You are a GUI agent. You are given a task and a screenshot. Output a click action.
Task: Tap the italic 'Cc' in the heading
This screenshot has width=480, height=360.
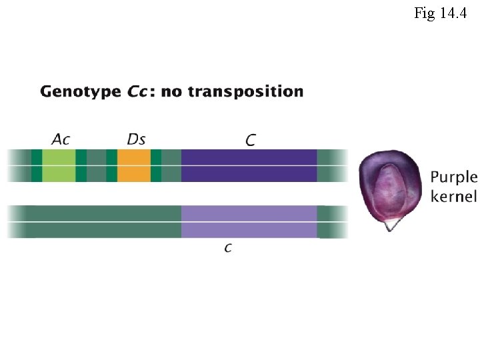point(140,91)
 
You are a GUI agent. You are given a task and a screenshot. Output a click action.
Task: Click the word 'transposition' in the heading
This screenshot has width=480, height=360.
point(245,91)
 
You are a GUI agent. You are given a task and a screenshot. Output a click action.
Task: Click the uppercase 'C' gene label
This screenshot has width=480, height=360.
point(251,140)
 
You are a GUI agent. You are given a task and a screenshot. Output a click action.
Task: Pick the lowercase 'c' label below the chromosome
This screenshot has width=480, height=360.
point(228,248)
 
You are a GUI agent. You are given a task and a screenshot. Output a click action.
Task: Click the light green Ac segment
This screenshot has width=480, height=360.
point(59,165)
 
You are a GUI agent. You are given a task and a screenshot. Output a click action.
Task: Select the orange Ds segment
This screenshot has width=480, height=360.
point(134,165)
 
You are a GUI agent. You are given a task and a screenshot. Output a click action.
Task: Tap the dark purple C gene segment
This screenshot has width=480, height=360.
point(249,165)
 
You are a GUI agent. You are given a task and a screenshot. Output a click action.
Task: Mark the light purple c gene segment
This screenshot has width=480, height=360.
point(249,221)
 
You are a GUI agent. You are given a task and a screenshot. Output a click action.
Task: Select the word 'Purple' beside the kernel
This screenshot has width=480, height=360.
point(453,177)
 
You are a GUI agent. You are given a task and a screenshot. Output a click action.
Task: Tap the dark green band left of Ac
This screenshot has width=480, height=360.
point(37,165)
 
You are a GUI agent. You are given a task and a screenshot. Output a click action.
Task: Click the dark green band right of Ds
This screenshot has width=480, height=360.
point(156,165)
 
